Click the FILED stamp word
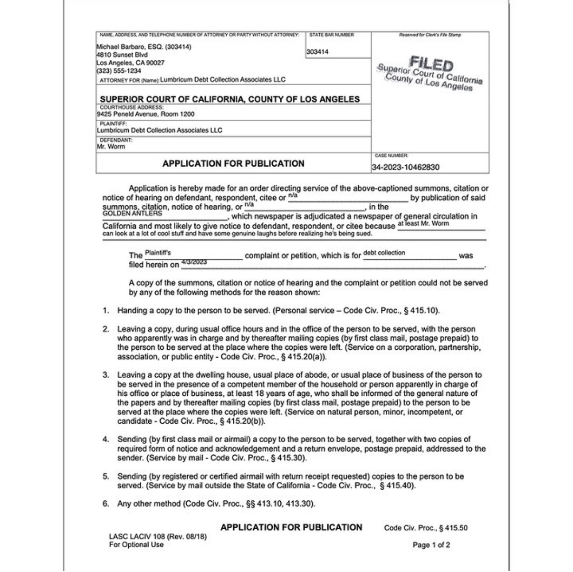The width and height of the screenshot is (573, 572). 431,64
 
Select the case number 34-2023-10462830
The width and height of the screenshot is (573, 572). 405,167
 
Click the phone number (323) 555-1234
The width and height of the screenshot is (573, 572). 118,71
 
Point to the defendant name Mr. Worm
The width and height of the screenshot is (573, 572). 111,147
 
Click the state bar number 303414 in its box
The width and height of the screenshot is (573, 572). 317,52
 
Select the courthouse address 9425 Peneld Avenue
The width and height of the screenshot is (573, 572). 145,114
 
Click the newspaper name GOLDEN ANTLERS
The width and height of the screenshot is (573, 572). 132,214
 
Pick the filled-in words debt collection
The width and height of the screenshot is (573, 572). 384,253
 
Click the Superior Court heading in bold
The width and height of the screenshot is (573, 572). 229,99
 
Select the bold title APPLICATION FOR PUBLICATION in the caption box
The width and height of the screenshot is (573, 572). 233,163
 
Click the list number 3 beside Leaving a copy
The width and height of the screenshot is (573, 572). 106,375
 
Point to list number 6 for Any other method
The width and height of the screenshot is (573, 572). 106,504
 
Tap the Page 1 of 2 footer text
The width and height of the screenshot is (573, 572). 431,545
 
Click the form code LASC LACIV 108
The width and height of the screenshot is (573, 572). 138,537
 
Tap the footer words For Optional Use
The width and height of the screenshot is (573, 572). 136,545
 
